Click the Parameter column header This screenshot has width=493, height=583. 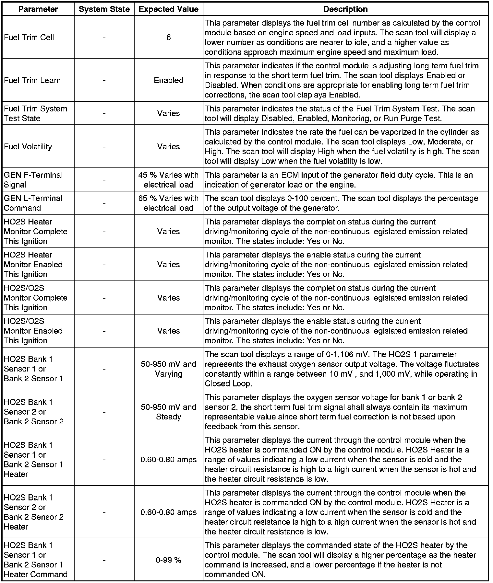pyautogui.click(x=38, y=9)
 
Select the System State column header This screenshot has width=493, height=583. pyautogui.click(x=104, y=9)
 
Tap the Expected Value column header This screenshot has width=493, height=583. pyautogui.click(x=168, y=9)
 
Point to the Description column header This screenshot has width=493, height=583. pyautogui.click(x=345, y=9)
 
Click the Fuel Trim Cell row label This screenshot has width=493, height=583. pyautogui.click(x=29, y=38)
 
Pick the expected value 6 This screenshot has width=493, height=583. pyautogui.click(x=169, y=38)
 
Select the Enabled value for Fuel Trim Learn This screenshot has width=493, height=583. pyautogui.click(x=169, y=80)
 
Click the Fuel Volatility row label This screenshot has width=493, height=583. pyautogui.click(x=28, y=147)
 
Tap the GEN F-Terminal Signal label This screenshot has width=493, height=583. pyautogui.click(x=33, y=180)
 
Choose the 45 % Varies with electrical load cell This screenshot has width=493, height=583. pyautogui.click(x=168, y=180)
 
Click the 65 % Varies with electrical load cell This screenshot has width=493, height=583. pyautogui.click(x=168, y=203)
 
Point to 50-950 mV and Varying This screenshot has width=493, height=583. pyautogui.click(x=168, y=369)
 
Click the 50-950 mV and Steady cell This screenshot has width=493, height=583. pyautogui.click(x=168, y=412)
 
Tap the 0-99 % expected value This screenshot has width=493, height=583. pyautogui.click(x=168, y=560)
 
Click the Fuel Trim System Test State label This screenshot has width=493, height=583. pyautogui.click(x=35, y=113)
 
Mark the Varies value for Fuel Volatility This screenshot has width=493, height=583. pyautogui.click(x=168, y=147)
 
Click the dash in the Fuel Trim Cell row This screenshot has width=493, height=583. pyautogui.click(x=104, y=38)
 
